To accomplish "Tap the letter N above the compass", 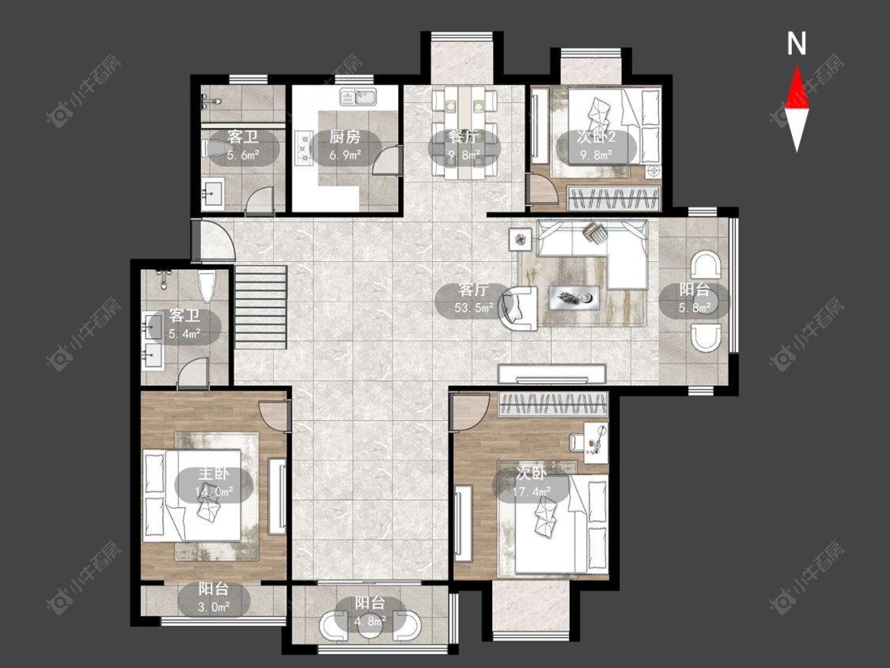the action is point(797,44).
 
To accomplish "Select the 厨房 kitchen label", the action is point(345,137).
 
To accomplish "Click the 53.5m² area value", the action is point(473,308).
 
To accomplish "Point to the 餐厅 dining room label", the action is point(463,137).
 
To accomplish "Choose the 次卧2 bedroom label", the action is point(596,137).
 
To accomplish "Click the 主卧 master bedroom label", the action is point(214,473).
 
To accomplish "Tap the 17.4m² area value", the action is point(532,492).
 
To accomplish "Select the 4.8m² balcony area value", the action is point(370,621).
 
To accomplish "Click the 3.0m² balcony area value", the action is point(214,607).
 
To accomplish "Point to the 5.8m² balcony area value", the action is point(695,308).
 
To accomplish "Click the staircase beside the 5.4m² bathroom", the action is point(261,307).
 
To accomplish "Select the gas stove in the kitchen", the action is point(305,148).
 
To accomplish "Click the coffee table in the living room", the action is point(574,297).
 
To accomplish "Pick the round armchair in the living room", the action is point(519,308).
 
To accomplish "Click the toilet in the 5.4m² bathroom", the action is point(206,287).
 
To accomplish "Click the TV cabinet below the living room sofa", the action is point(551,374).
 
